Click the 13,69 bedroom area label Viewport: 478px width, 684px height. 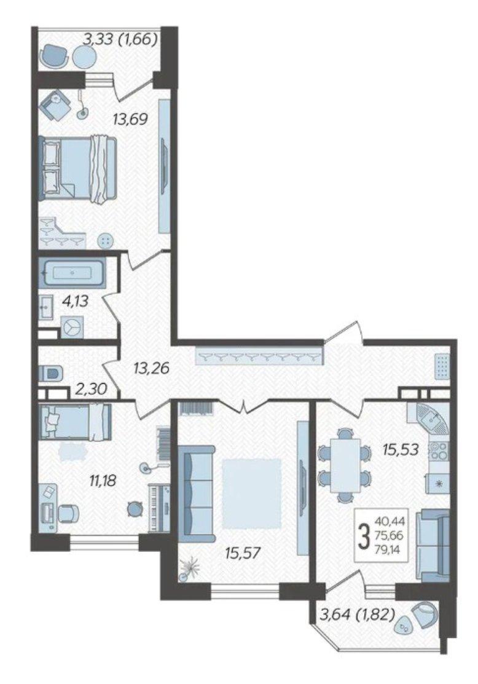tap(130, 119)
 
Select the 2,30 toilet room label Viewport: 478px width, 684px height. tap(91, 388)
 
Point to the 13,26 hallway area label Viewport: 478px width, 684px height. tap(151, 369)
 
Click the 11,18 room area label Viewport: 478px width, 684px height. tap(103, 482)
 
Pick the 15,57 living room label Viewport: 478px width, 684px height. tap(243, 554)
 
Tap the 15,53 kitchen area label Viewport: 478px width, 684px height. tap(401, 449)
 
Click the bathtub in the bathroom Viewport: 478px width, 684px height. tap(72, 273)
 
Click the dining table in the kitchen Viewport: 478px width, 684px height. tap(345, 465)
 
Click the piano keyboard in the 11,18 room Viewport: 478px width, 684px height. tap(158, 507)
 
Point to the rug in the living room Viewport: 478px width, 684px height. tap(251, 493)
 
